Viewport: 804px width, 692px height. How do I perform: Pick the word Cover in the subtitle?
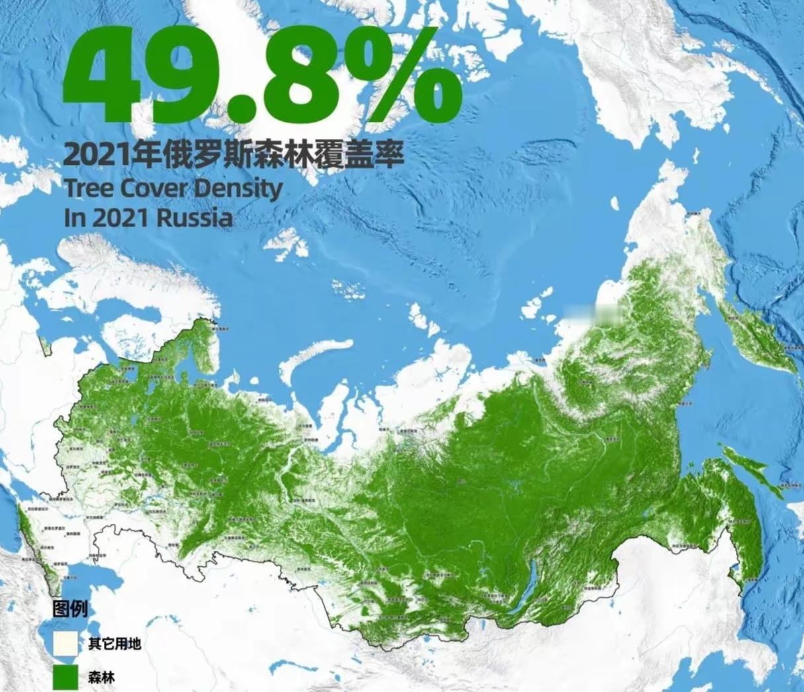pyautogui.click(x=152, y=188)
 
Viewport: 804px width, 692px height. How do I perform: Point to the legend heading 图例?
pyautogui.click(x=70, y=609)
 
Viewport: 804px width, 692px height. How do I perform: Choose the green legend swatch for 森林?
pyautogui.click(x=67, y=677)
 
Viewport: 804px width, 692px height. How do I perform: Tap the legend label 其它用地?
pyautogui.click(x=114, y=644)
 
